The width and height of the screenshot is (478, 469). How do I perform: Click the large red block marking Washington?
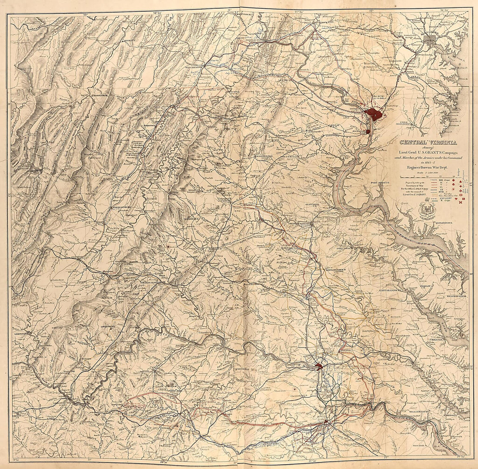(x=373, y=114)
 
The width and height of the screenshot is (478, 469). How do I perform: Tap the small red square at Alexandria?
(x=368, y=131)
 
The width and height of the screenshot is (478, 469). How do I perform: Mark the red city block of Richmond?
(x=319, y=366)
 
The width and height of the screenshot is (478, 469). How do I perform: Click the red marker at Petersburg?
(x=326, y=422)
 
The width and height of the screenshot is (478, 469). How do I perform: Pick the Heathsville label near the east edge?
(x=456, y=295)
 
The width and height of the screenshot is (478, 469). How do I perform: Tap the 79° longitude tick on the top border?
(x=86, y=14)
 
